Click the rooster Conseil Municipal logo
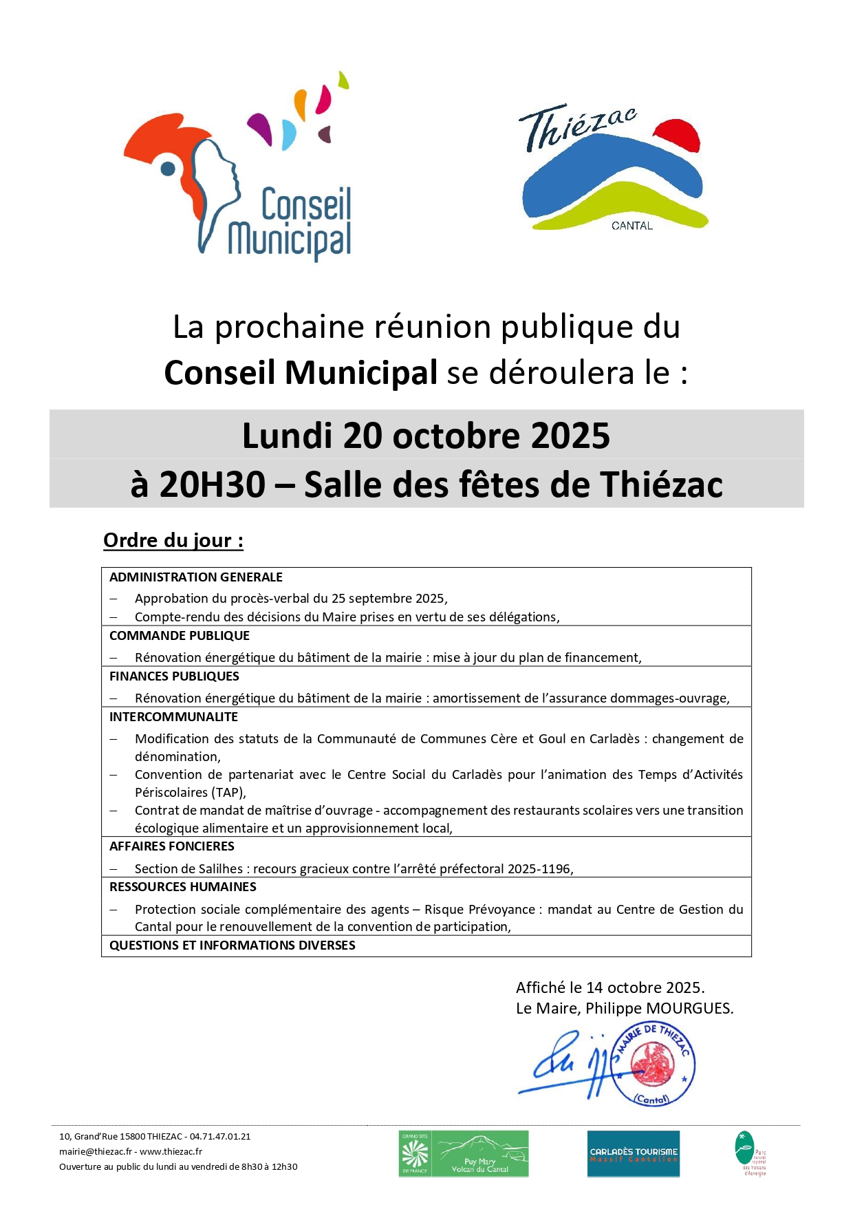point(237,169)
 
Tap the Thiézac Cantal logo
point(612,169)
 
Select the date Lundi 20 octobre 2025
point(426,436)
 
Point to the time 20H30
point(212,484)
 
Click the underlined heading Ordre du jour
point(173,540)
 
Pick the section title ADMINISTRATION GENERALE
point(196,577)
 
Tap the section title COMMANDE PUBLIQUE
point(180,636)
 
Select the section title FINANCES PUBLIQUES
point(174,676)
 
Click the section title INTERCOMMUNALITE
point(173,717)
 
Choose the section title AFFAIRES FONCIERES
point(172,846)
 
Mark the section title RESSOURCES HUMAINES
point(183,887)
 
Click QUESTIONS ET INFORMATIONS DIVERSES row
point(233,946)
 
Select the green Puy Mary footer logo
point(464,1153)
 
